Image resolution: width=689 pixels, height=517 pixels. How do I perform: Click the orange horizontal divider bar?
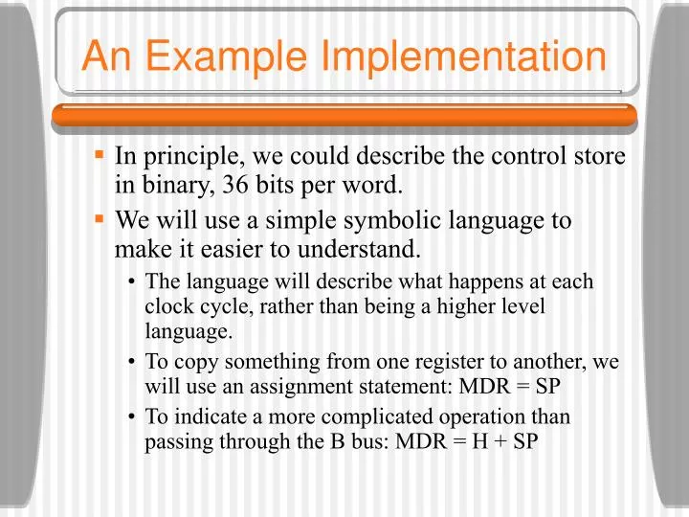point(344,115)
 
